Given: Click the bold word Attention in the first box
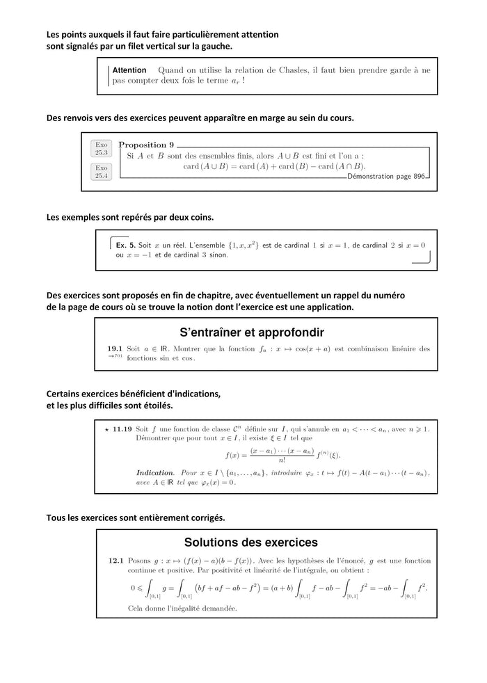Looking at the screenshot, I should tap(129, 70).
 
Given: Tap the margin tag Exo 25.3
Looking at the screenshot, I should tap(102, 148).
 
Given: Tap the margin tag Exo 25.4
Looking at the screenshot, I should tap(102, 171).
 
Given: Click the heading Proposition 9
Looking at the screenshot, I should tap(146, 145).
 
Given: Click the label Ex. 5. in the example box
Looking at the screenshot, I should tap(125, 246).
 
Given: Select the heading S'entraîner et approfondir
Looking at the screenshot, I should tap(252, 332).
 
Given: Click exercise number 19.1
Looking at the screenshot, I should tap(115, 348).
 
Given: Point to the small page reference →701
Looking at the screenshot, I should tap(115, 357).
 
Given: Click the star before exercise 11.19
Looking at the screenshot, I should tap(106, 429).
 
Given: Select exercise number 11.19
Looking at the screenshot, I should tap(122, 429).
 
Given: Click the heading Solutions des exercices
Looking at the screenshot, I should tap(250, 542).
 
